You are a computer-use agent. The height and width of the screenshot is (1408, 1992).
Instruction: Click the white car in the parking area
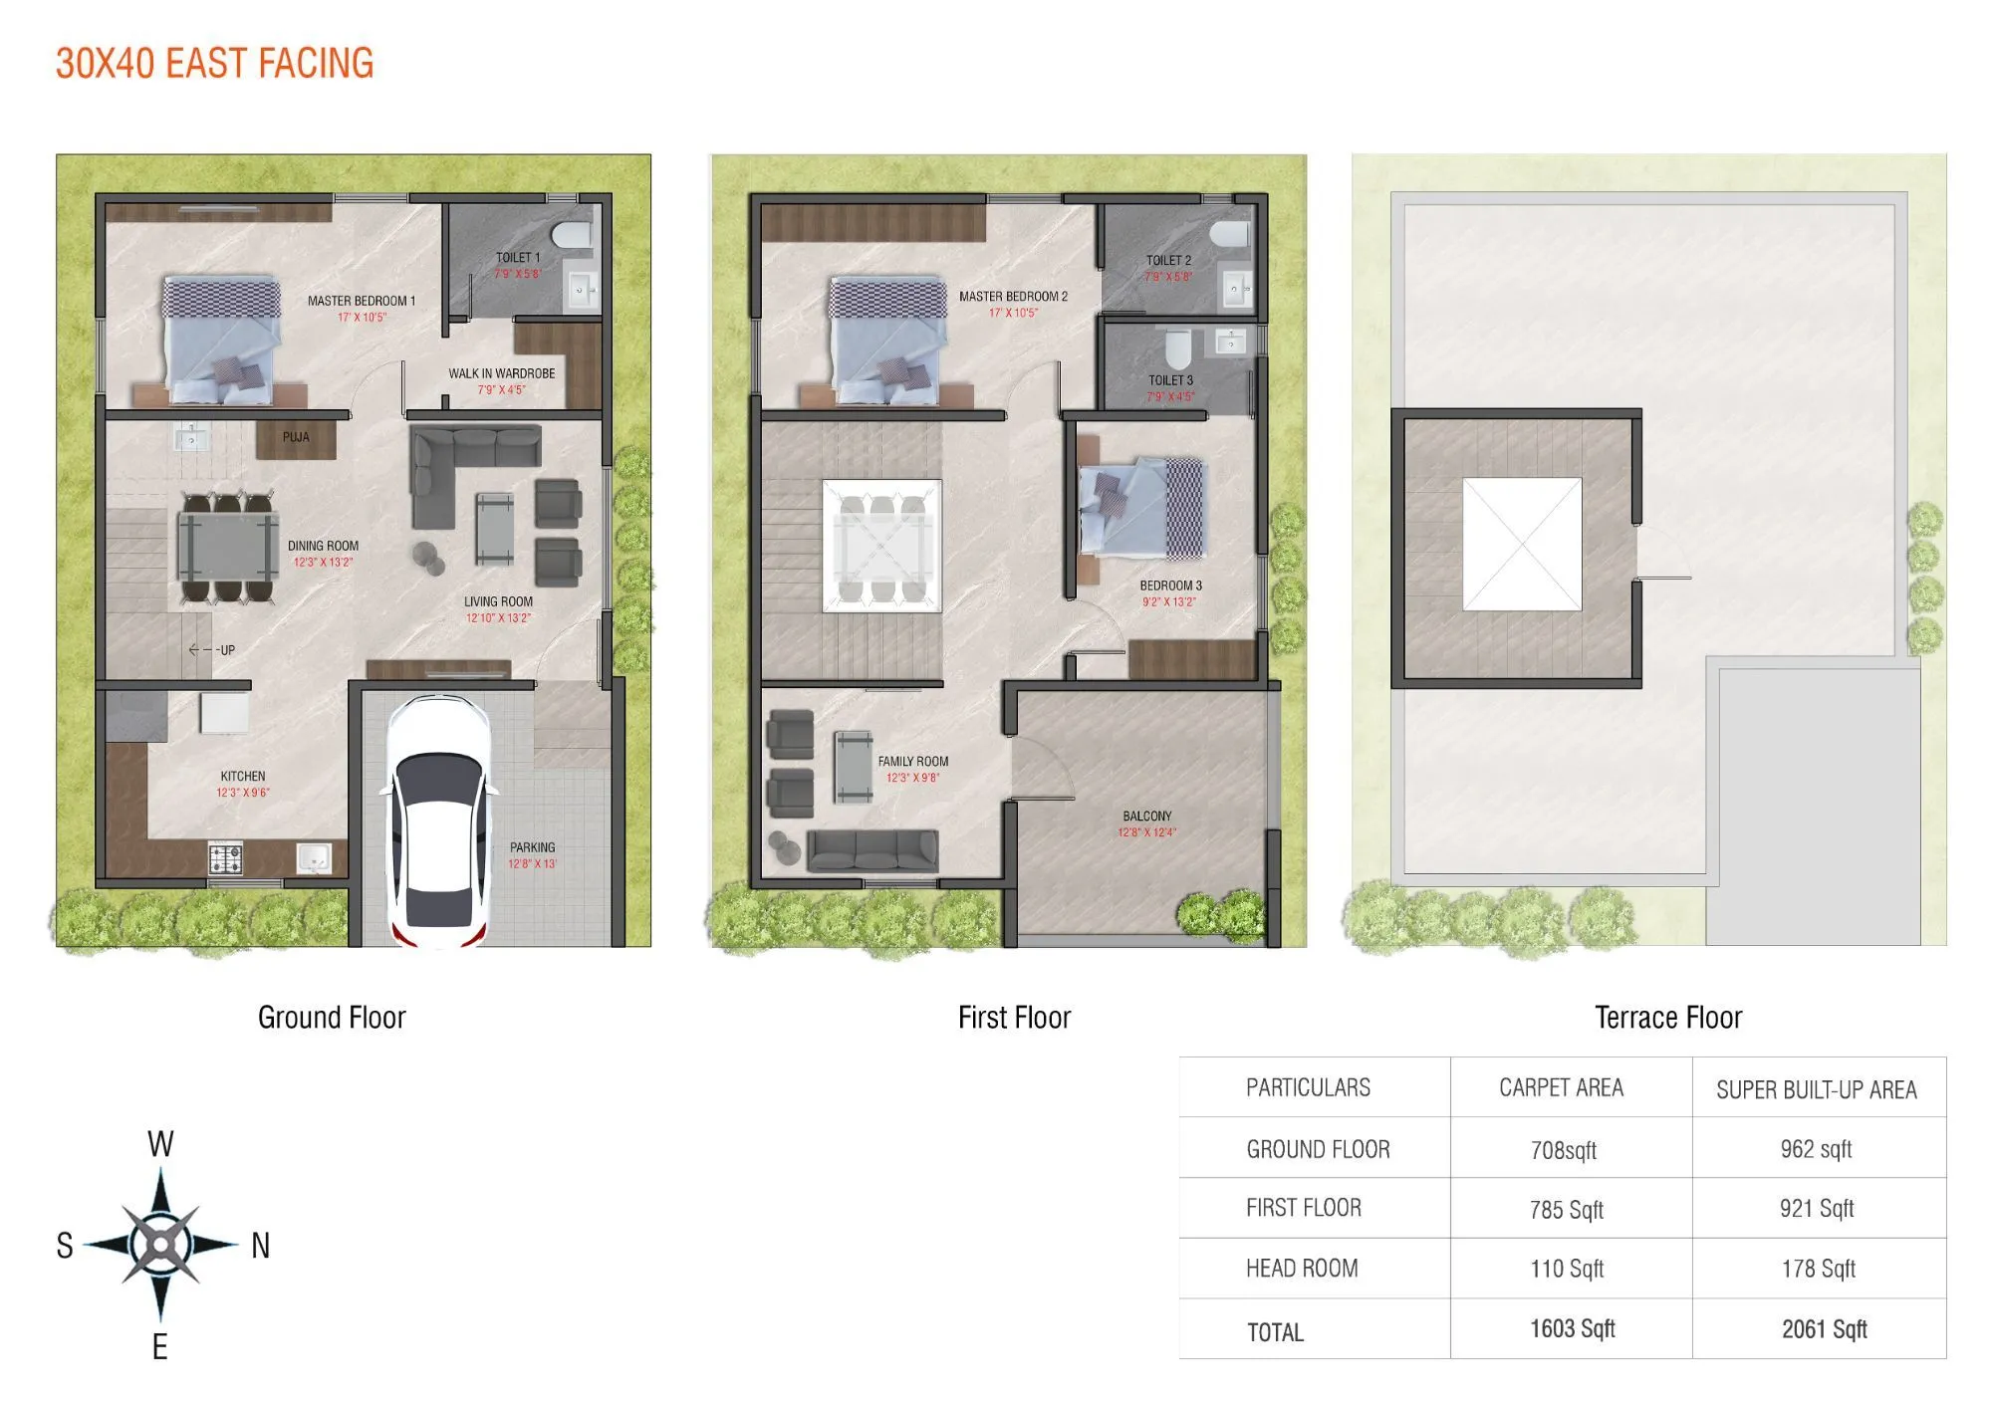click(438, 821)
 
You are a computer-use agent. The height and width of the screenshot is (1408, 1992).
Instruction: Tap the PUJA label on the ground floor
click(296, 437)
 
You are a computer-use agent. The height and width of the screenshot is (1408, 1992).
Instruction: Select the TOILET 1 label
click(518, 258)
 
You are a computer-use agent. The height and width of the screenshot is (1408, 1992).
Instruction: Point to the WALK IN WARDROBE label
click(502, 373)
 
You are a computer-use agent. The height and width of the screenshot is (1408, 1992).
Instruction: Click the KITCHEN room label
click(243, 776)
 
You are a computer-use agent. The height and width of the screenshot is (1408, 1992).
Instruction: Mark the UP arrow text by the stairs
click(213, 650)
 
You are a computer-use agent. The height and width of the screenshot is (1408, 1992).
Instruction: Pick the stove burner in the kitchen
click(225, 857)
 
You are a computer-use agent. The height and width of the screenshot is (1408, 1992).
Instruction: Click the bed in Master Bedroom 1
click(221, 342)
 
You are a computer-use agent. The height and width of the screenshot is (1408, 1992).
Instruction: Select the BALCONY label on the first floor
click(1147, 816)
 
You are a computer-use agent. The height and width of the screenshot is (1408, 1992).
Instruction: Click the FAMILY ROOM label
click(913, 761)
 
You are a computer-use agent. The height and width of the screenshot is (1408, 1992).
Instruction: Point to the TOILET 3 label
click(1170, 380)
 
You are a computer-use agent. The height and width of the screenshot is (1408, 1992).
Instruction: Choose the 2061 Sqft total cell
click(1824, 1329)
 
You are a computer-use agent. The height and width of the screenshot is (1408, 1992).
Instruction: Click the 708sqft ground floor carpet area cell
click(1563, 1151)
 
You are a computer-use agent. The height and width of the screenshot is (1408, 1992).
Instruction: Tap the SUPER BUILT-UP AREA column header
click(1816, 1090)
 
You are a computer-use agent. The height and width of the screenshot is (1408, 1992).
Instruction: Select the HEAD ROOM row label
click(1302, 1269)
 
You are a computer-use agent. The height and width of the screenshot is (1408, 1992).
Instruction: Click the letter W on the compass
click(160, 1144)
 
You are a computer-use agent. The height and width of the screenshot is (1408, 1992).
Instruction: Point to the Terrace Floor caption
click(1668, 1018)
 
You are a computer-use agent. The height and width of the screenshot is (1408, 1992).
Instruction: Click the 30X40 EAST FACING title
click(215, 64)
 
